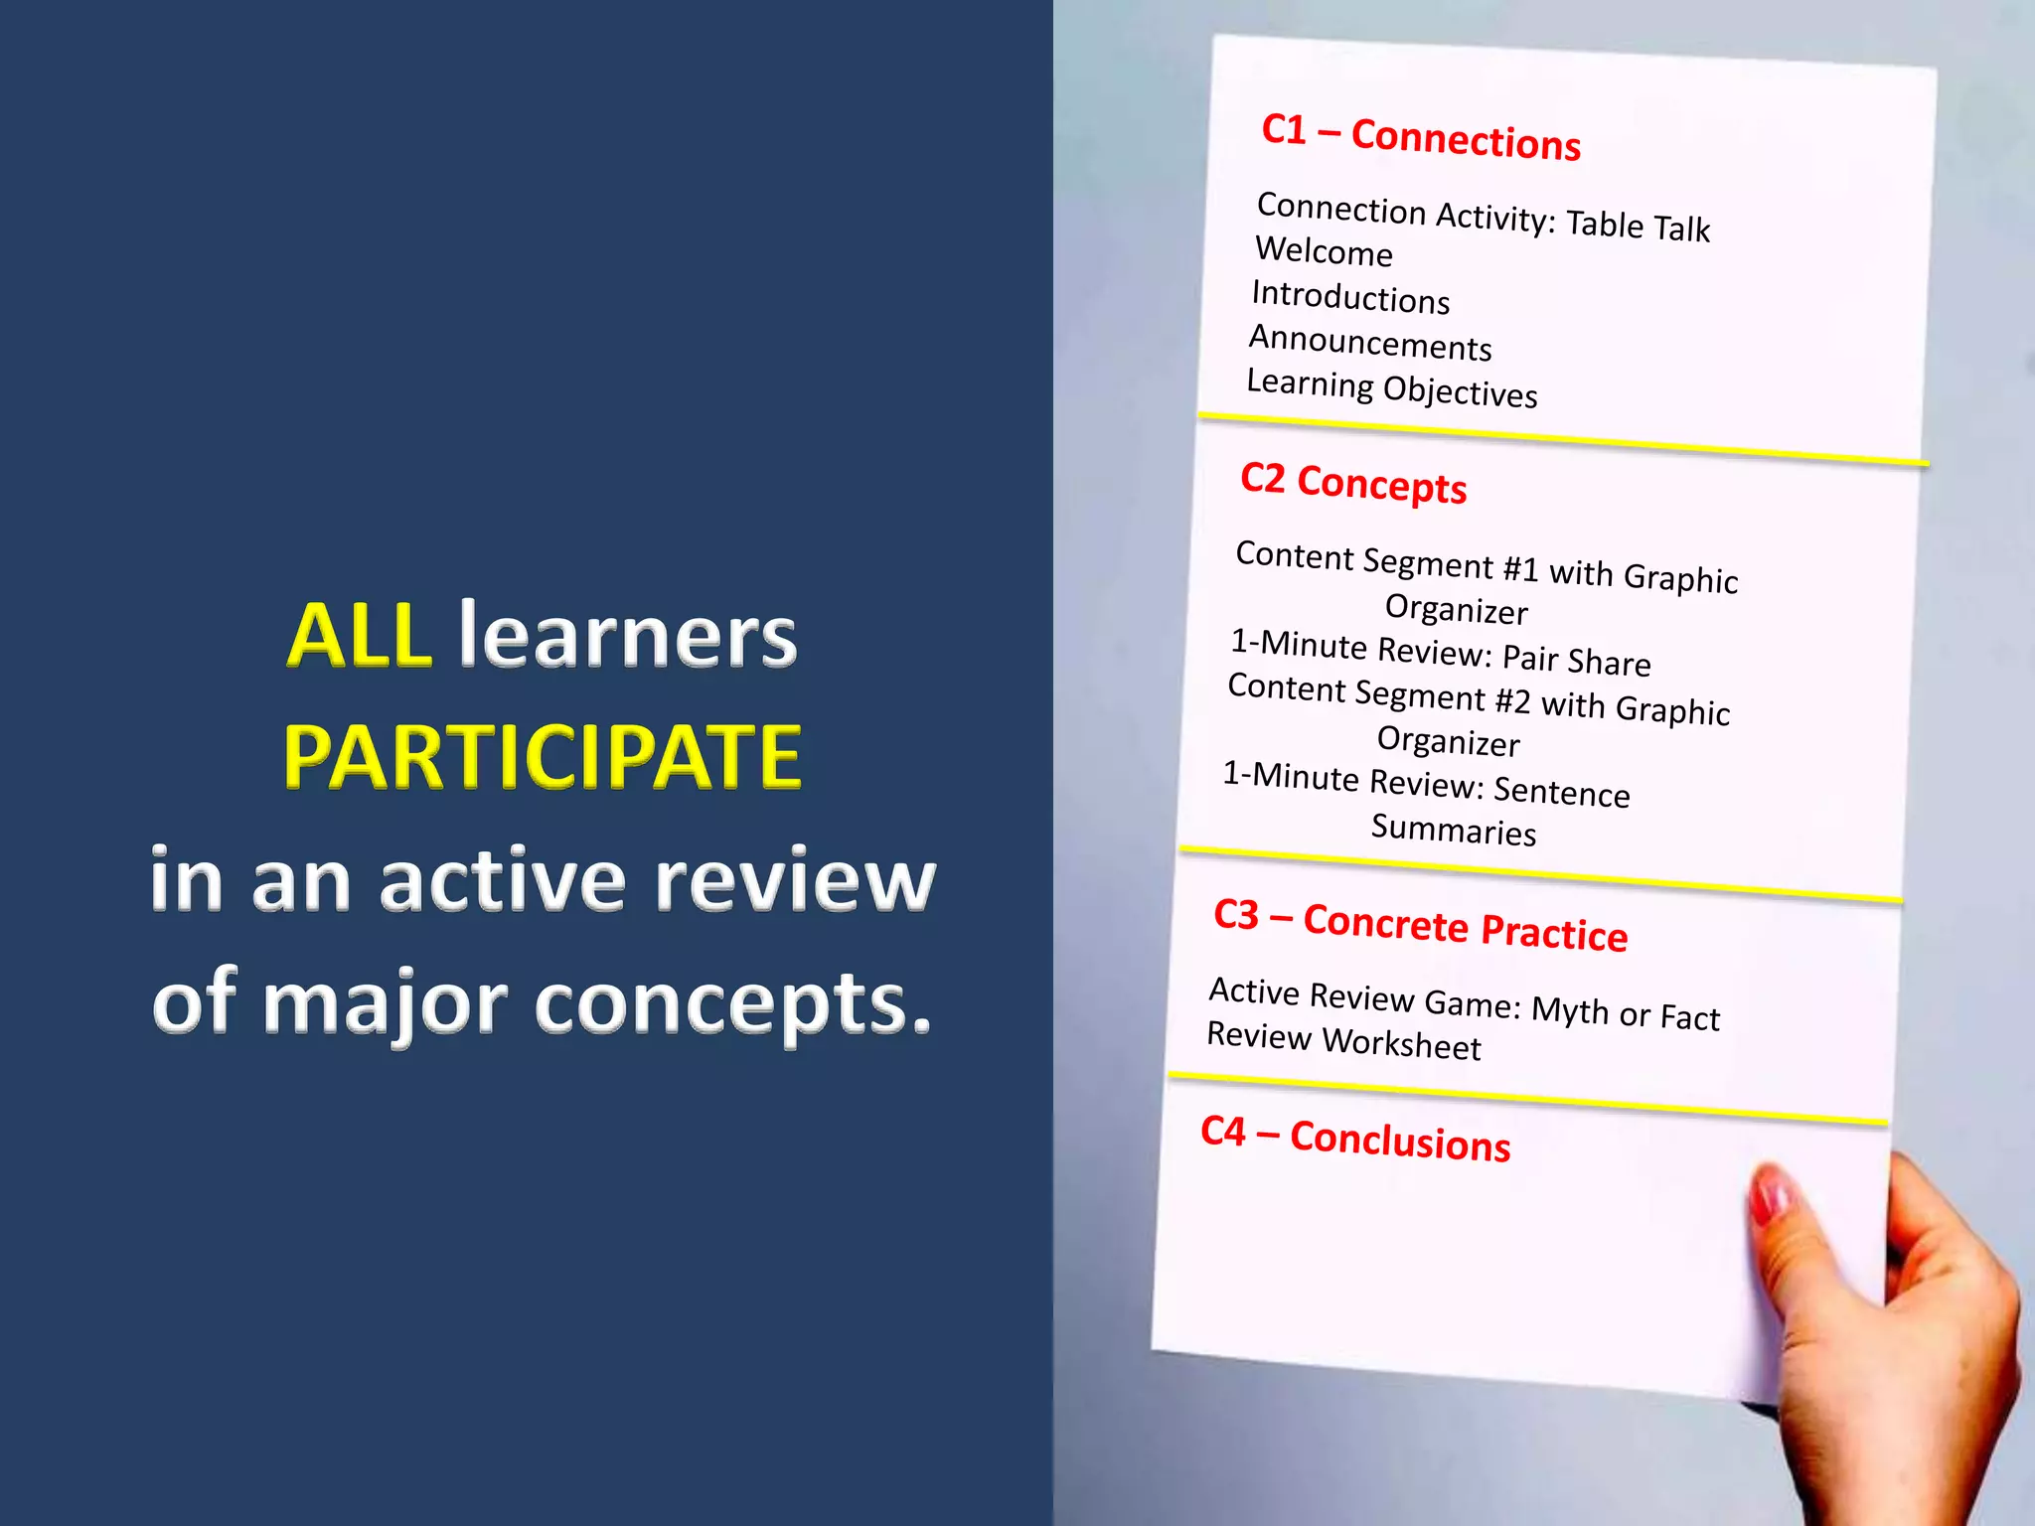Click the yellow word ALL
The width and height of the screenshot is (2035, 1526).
pyautogui.click(x=359, y=636)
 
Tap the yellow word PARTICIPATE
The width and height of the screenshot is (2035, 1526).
pyautogui.click(x=543, y=757)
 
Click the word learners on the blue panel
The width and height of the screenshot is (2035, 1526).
pyautogui.click(x=627, y=636)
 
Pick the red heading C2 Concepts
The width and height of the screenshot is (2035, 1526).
pyautogui.click(x=1353, y=483)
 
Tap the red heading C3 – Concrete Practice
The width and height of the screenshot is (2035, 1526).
pyautogui.click(x=1421, y=925)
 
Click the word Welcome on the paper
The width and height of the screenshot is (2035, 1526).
pyautogui.click(x=1324, y=251)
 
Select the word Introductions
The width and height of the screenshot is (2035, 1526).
pyautogui.click(x=1350, y=297)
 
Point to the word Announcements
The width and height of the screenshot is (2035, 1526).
pyautogui.click(x=1370, y=343)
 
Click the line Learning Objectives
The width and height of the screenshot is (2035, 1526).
pyautogui.click(x=1392, y=388)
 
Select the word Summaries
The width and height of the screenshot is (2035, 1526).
pyautogui.click(x=1454, y=830)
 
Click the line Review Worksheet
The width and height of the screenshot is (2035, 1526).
pyautogui.click(x=1343, y=1041)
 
